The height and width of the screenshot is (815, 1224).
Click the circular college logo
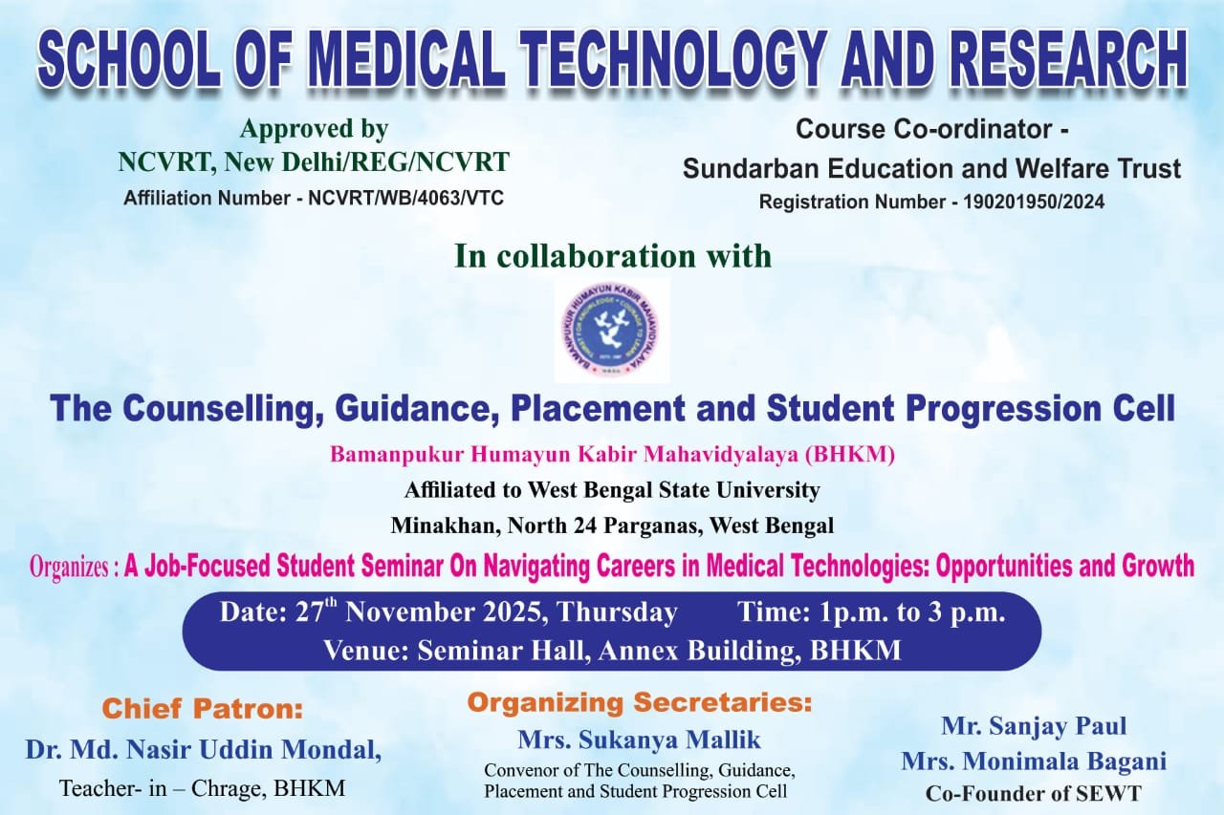pos(612,331)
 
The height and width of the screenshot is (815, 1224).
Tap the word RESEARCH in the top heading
pos(1071,59)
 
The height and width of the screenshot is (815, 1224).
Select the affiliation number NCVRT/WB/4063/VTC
pos(406,198)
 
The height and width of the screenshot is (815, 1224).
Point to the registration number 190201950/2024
pos(1034,202)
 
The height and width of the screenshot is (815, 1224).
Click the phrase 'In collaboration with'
pos(613,256)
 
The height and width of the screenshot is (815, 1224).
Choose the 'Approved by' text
pos(314,129)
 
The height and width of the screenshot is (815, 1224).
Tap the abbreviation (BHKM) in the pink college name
pos(850,455)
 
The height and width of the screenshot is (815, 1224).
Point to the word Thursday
pos(618,612)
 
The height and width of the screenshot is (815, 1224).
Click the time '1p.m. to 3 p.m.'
pos(911,612)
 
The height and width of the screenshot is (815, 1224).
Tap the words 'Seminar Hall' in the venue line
pos(503,651)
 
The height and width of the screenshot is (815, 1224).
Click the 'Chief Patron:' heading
pos(202,709)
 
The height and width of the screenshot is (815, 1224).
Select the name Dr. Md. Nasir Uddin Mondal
pos(204,750)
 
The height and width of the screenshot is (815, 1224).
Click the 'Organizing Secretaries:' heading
pos(640,702)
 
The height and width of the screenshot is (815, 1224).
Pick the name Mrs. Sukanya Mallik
pos(640,740)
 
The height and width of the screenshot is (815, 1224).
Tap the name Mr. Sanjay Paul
pos(1034,726)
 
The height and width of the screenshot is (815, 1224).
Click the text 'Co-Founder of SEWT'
pos(1034,794)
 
